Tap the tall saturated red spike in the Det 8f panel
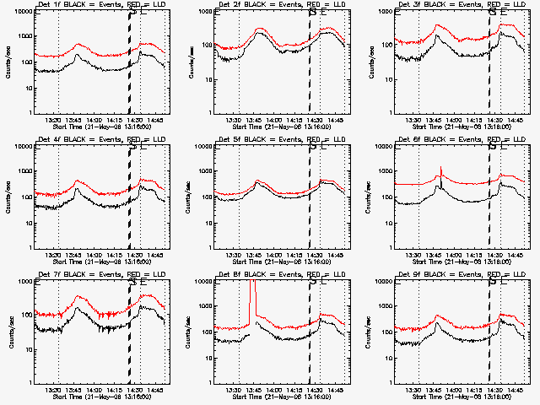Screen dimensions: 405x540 click(251, 295)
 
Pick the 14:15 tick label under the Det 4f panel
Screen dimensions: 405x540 click(116, 254)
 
